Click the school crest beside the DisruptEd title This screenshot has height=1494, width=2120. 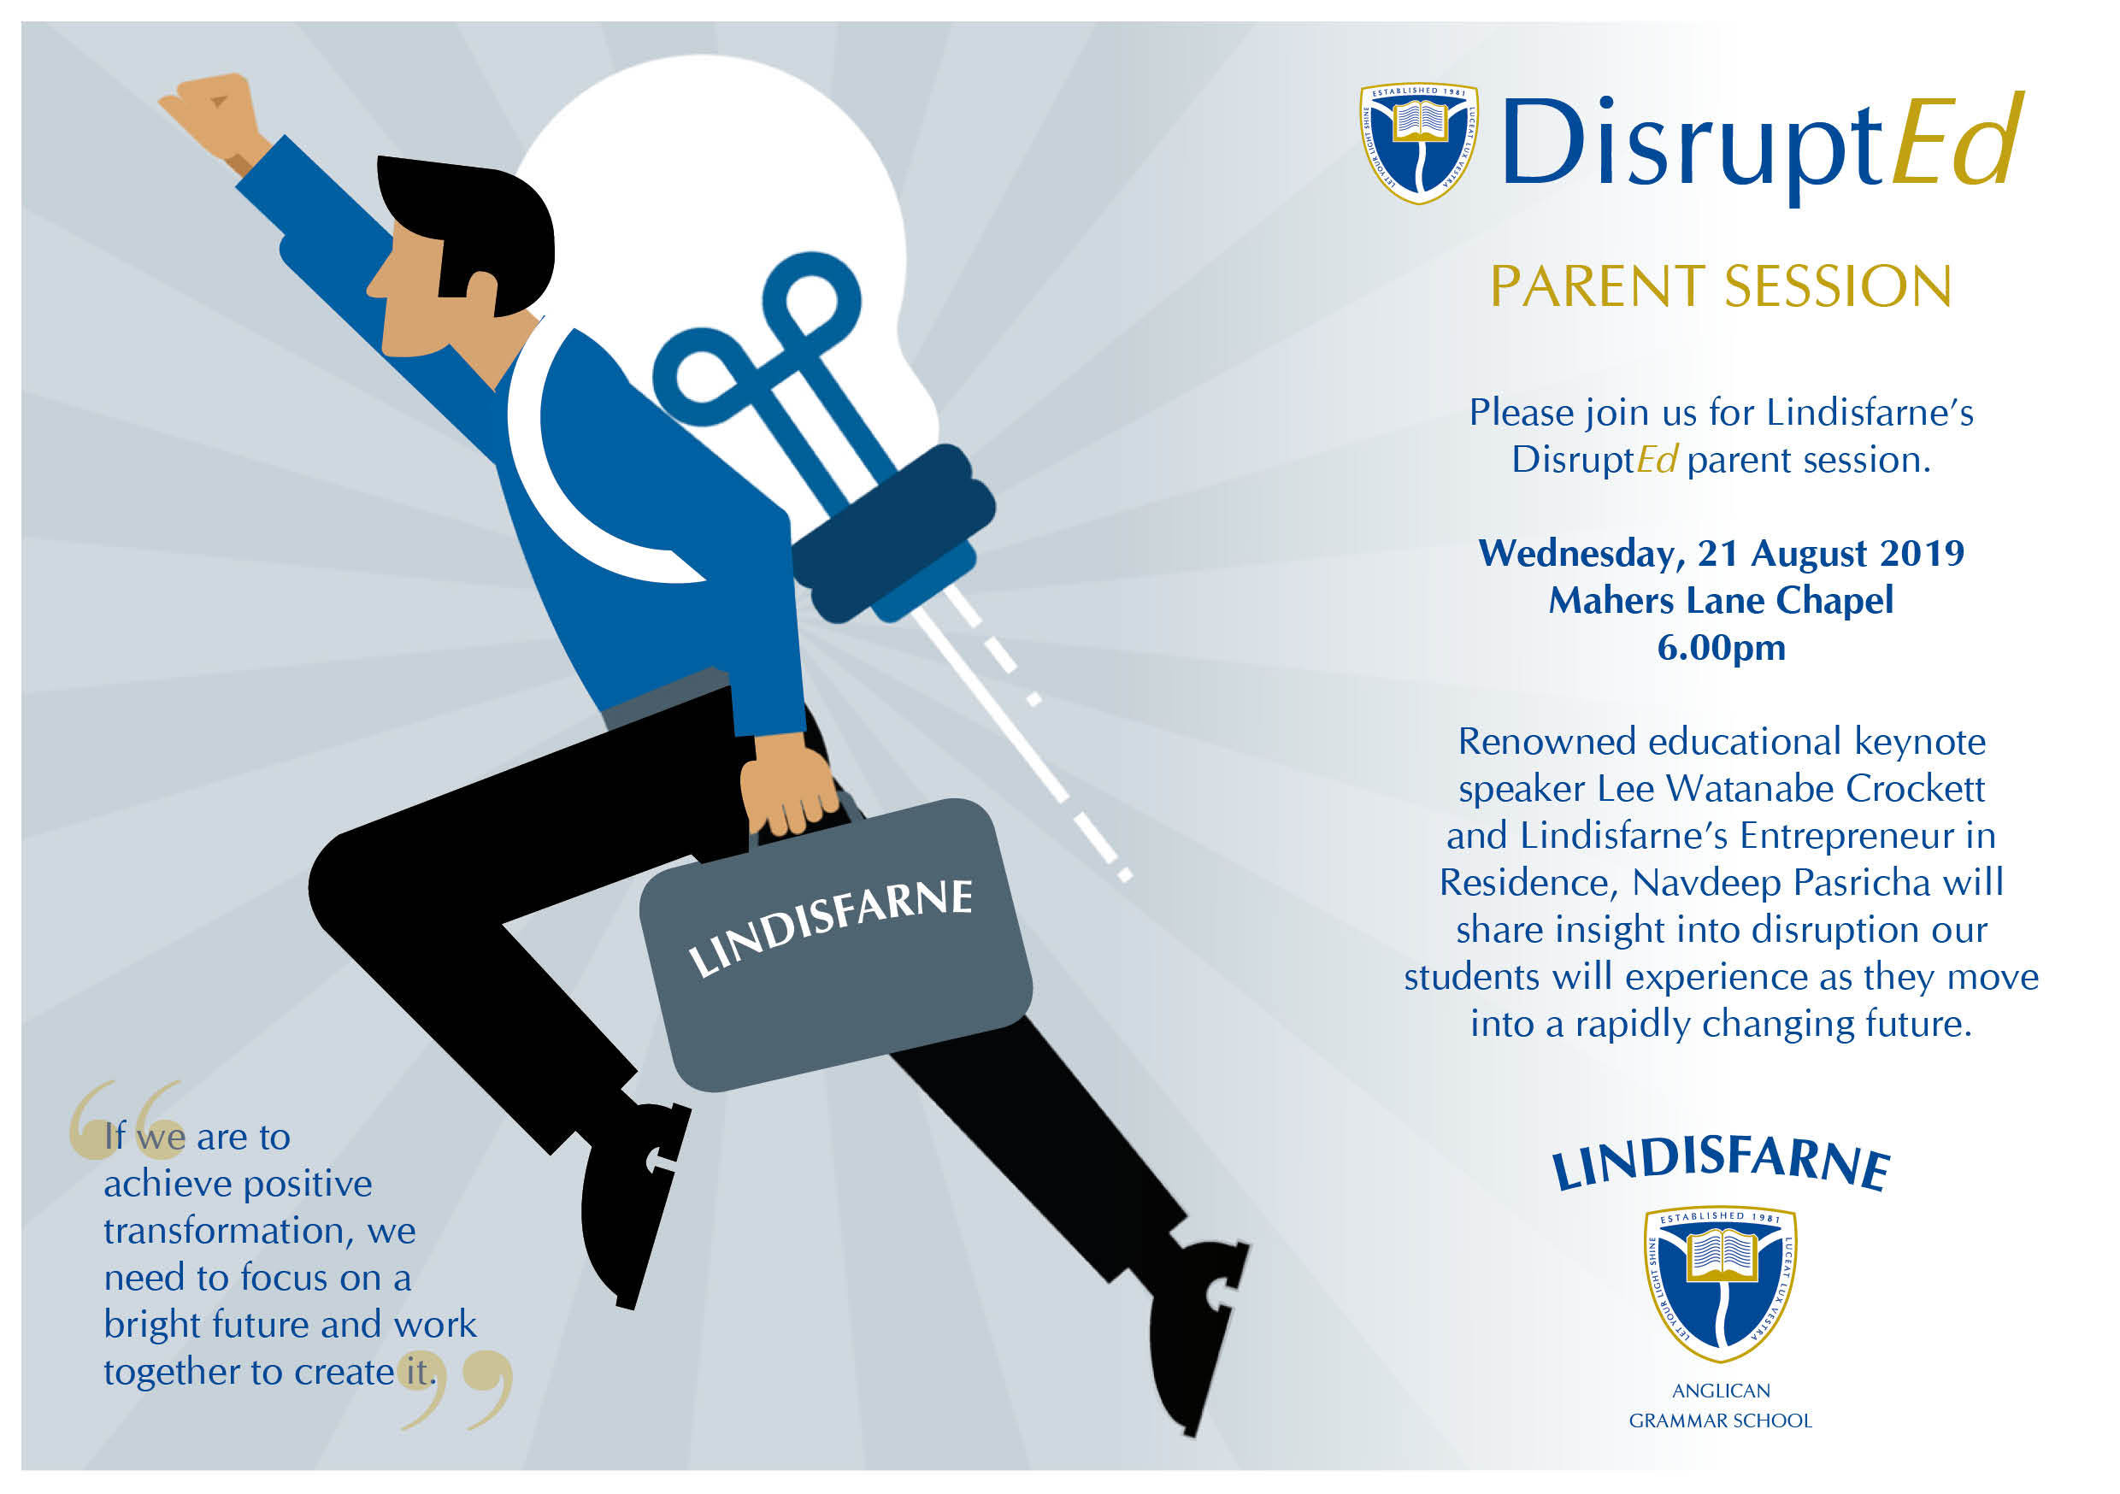(x=1419, y=142)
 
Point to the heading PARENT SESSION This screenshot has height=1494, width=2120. (x=1721, y=286)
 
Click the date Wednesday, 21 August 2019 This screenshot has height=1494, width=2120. (x=1721, y=554)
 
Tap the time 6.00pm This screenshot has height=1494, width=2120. (x=1721, y=648)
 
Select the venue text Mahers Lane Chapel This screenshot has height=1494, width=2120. (x=1721, y=600)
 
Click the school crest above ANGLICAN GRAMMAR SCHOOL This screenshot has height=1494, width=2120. (x=1720, y=1284)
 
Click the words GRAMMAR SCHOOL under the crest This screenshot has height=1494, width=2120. (x=1720, y=1421)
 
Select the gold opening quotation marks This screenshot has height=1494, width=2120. (x=125, y=1118)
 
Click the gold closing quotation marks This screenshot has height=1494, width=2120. (x=457, y=1390)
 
